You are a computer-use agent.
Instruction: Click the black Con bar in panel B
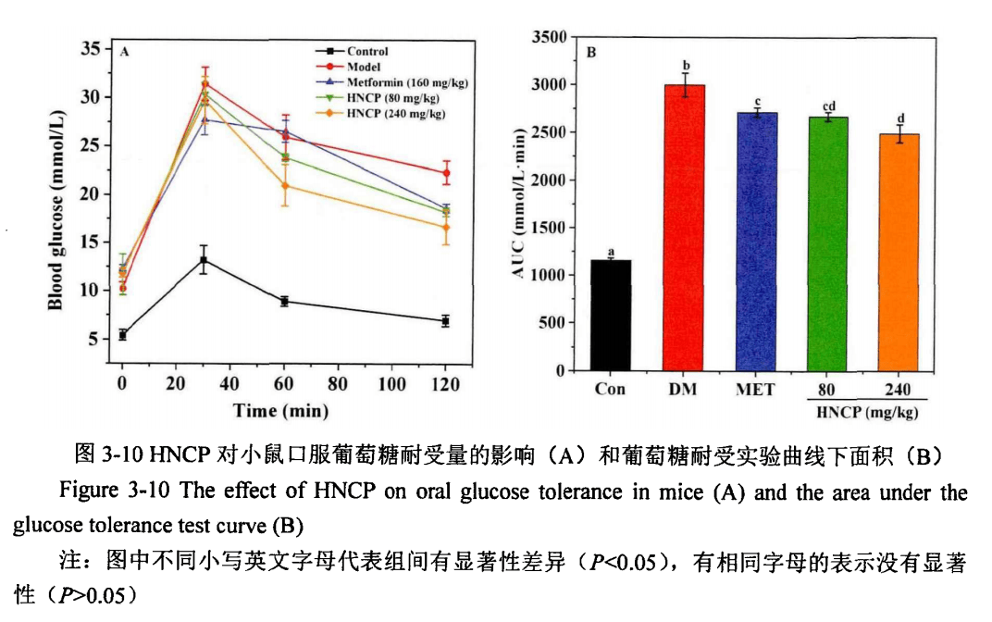pos(610,316)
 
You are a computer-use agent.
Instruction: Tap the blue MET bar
pos(755,242)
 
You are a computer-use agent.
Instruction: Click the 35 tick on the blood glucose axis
pos(90,49)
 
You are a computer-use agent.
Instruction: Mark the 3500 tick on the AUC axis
pos(549,37)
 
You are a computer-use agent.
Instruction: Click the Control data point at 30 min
pos(203,260)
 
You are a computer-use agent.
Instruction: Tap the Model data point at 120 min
pos(446,173)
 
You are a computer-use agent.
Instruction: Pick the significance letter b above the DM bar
pos(686,66)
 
